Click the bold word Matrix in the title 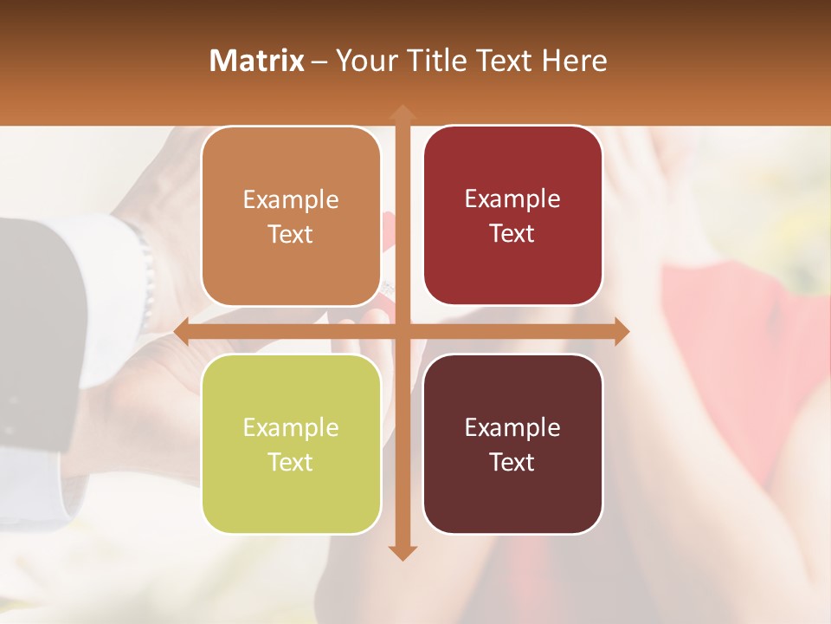(x=257, y=61)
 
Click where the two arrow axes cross (x=402, y=331)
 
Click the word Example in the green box (x=291, y=427)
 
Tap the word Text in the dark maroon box (x=512, y=462)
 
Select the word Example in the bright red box (x=512, y=198)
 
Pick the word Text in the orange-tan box (x=291, y=234)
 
